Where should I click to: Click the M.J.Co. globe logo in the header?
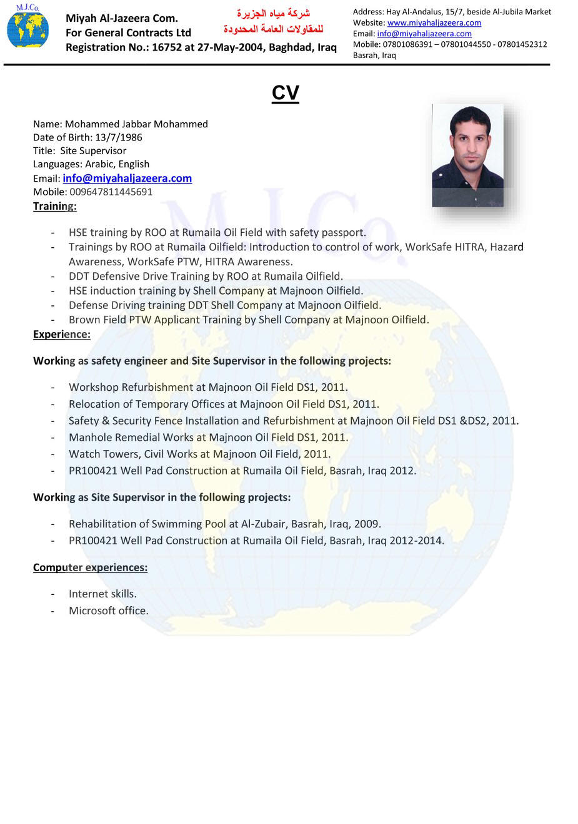[27, 27]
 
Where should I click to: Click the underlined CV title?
[286, 93]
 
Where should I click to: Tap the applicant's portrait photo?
[467, 155]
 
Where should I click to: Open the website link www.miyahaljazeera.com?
[434, 22]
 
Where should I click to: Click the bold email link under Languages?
[127, 179]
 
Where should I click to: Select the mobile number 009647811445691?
[111, 192]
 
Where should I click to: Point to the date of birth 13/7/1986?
[118, 137]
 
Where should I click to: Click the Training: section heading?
[55, 206]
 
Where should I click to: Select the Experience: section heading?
[62, 334]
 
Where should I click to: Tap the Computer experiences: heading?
[90, 567]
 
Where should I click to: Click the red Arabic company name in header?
[273, 21]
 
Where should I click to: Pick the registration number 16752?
[167, 47]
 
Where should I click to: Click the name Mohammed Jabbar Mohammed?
[136, 124]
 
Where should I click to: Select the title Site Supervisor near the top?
[93, 150]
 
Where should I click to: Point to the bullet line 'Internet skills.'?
[102, 594]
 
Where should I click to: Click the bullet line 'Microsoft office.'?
[109, 611]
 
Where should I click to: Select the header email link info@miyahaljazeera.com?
[424, 34]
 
